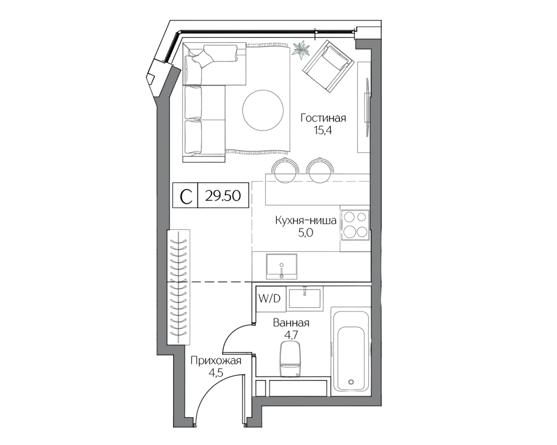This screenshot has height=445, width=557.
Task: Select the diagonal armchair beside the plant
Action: click(327, 66)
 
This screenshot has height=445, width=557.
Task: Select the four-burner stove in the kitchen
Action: click(355, 225)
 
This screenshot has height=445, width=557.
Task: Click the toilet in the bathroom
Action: click(290, 356)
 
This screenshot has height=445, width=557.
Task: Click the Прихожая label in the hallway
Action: click(216, 361)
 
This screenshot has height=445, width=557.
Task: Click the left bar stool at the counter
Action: click(285, 170)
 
